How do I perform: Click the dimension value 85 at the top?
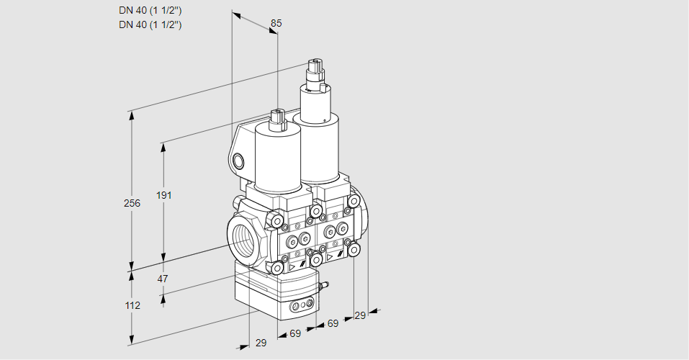(276, 23)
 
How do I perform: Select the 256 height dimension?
(131, 203)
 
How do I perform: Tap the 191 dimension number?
(166, 195)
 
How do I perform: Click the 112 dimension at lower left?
(131, 305)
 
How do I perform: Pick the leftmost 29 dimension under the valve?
(261, 343)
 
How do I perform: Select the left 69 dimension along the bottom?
(295, 333)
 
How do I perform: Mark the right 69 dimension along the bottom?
(333, 324)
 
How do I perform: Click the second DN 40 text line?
(150, 24)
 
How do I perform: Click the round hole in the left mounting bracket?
(240, 160)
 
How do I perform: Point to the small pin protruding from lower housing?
(323, 287)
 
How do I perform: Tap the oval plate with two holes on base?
(301, 307)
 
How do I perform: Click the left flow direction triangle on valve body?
(292, 266)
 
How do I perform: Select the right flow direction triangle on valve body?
(330, 256)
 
